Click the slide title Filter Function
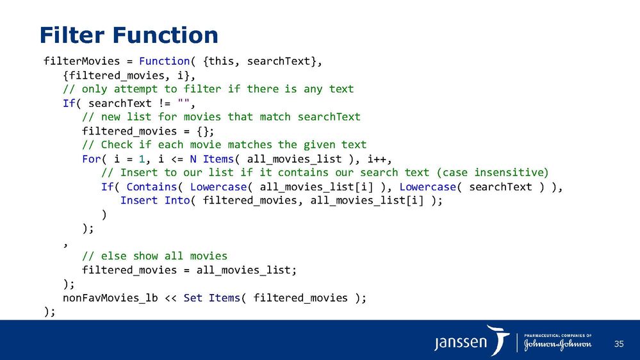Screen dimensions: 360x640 point(129,35)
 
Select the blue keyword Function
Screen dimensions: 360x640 point(164,61)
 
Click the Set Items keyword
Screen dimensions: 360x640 point(212,298)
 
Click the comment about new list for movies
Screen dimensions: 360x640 point(221,117)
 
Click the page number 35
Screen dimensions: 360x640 point(618,345)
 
